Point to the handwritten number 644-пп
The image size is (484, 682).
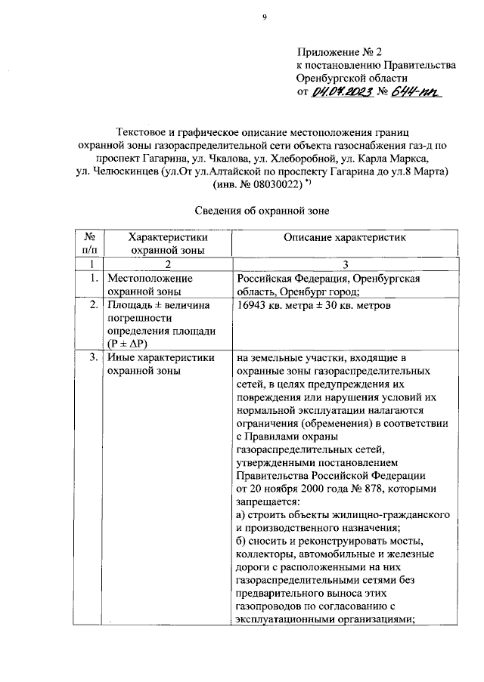(415, 92)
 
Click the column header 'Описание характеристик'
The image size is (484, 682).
(345, 237)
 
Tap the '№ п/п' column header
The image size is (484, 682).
(90, 243)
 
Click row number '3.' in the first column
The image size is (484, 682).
(93, 358)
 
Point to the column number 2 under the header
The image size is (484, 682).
(168, 264)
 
